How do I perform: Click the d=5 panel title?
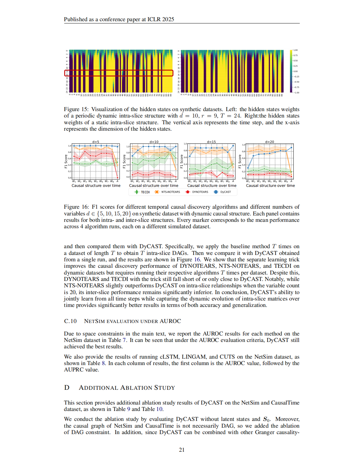point(96,142)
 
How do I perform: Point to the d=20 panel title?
point(270,142)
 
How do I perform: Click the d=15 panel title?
point(211,142)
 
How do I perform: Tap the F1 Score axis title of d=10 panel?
point(124,161)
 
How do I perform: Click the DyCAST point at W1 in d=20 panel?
point(248,168)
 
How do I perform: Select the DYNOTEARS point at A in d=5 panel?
point(117,178)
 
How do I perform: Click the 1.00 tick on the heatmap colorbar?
point(296,50)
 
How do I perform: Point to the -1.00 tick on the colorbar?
point(296,92)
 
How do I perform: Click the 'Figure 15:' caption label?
point(76,109)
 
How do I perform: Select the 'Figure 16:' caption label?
point(76,207)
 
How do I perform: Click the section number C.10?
point(70,321)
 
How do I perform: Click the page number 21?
point(182,450)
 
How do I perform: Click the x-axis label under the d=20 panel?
point(270,186)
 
